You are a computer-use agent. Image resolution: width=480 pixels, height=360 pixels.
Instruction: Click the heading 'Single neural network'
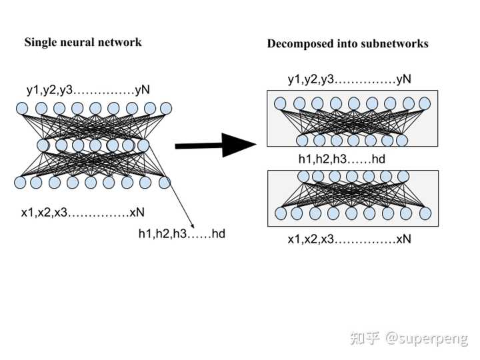[x=83, y=42]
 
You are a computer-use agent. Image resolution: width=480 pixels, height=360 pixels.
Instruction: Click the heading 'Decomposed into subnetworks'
[x=348, y=44]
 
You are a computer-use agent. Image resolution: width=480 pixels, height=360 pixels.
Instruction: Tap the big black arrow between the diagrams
[x=215, y=145]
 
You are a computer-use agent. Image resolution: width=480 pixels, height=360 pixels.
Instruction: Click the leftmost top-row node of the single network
[x=22, y=109]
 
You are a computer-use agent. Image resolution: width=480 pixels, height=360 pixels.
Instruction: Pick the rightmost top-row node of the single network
[x=166, y=108]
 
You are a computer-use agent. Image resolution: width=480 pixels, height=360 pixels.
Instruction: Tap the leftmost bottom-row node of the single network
[x=20, y=183]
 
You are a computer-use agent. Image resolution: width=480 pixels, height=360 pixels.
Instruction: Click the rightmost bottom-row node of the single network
[x=165, y=183]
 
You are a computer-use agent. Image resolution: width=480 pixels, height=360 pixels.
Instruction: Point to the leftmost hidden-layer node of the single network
[x=43, y=145]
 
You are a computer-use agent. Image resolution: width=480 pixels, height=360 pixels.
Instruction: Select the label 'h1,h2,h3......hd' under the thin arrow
[x=182, y=234]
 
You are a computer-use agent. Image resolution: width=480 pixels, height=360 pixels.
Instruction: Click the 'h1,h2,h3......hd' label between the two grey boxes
[x=342, y=159]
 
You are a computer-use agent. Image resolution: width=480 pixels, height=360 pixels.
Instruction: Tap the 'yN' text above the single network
[x=143, y=90]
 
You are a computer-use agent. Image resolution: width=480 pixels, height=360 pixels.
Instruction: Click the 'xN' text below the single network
[x=137, y=213]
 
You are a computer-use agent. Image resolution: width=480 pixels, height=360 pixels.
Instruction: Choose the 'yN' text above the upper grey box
[x=403, y=79]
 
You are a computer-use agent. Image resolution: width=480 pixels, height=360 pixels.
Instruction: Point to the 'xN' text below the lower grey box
[x=404, y=239]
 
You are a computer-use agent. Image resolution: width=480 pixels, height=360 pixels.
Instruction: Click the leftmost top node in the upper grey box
[x=280, y=103]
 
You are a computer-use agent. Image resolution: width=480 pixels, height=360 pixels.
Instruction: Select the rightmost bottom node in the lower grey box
[x=425, y=214]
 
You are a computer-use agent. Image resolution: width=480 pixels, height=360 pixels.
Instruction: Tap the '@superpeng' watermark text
[x=427, y=338]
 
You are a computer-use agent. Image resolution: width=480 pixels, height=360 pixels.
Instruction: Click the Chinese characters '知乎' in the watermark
[x=365, y=338]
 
